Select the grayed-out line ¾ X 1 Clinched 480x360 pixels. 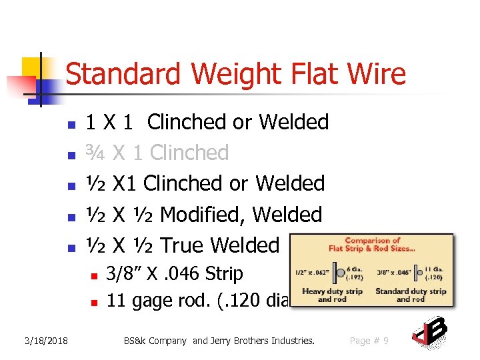(157, 153)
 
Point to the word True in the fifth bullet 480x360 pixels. (182, 245)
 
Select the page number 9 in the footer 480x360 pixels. (387, 341)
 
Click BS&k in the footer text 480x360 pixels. (137, 341)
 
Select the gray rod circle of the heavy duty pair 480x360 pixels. (341, 273)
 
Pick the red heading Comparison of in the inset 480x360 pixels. (372, 241)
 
